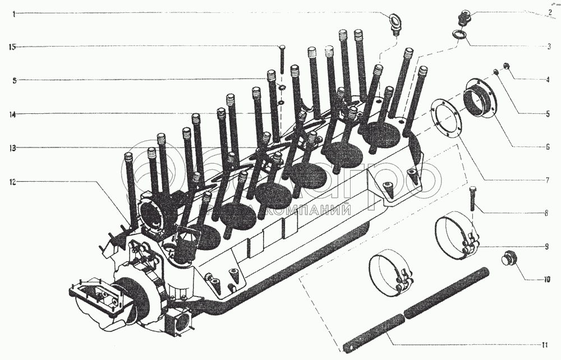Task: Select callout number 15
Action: (12, 47)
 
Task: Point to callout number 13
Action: (12, 148)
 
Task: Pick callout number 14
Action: (12, 114)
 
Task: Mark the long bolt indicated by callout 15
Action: (282, 62)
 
